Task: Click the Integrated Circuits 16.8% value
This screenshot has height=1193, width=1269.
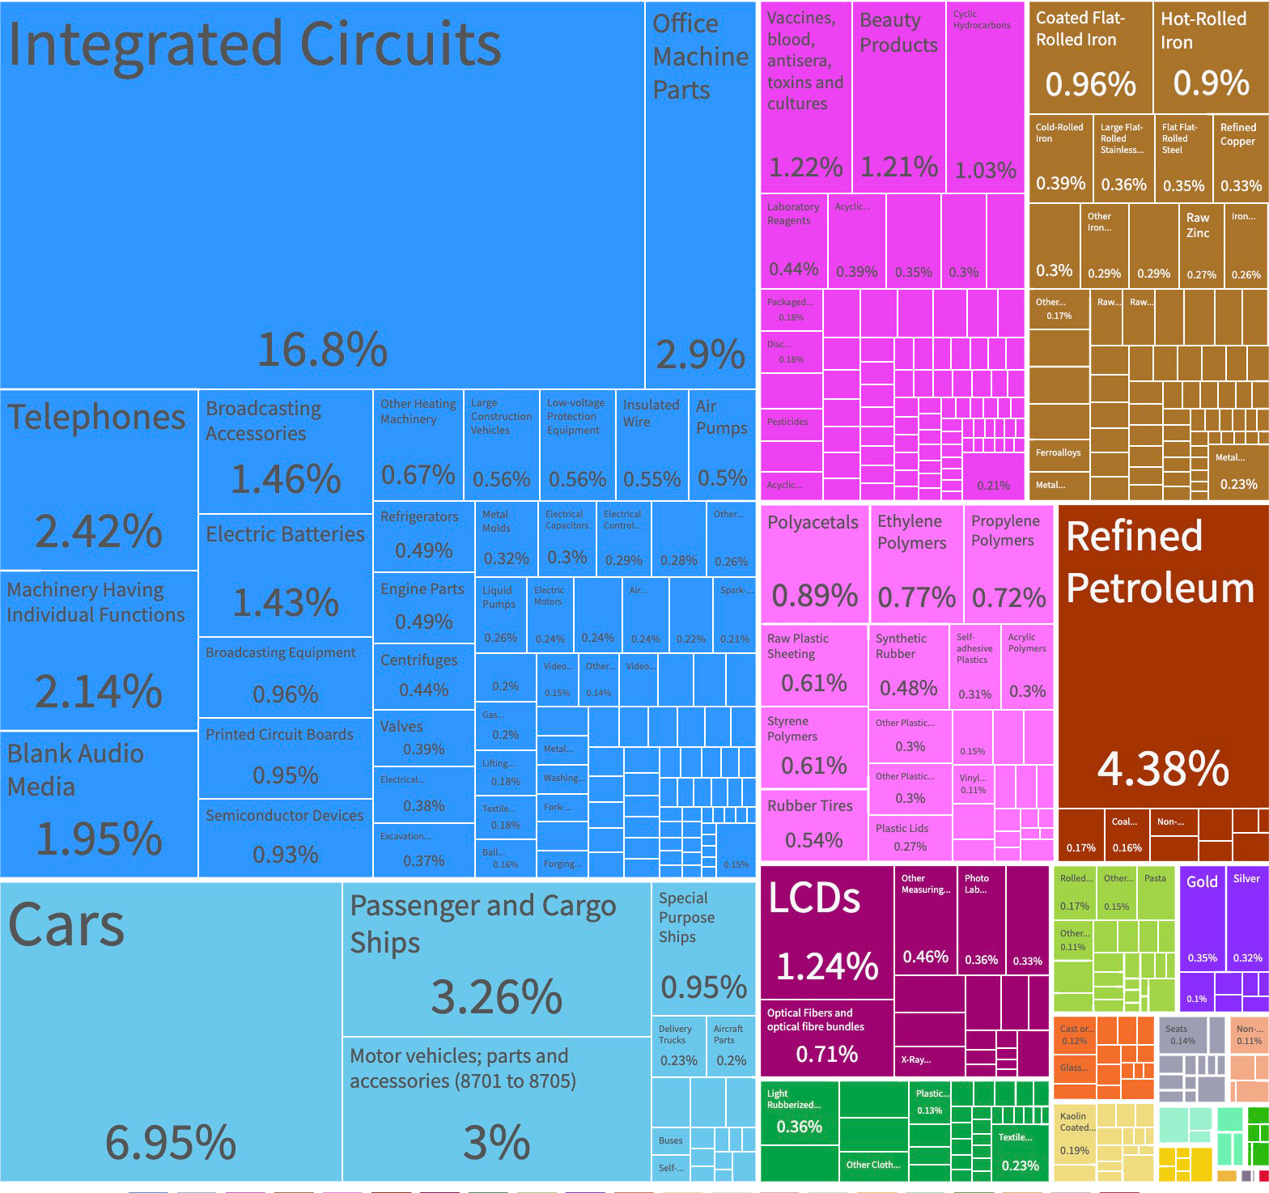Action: tap(322, 350)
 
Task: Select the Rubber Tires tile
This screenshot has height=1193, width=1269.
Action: tap(814, 824)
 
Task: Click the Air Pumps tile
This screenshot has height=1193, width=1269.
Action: tap(722, 445)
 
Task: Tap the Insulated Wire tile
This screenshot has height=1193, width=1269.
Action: tap(651, 445)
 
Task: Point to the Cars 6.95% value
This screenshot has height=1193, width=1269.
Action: tap(171, 1141)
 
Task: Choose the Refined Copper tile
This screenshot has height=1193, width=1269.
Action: tap(1241, 159)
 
